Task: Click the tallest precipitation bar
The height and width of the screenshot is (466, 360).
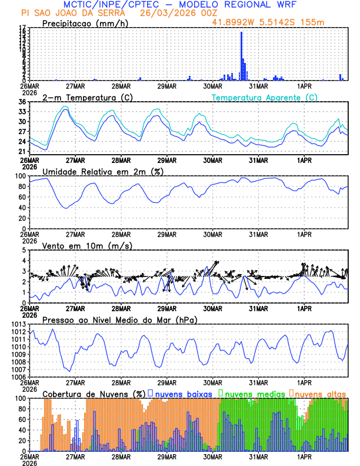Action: [x=241, y=56]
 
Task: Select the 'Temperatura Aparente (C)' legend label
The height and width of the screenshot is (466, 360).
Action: [x=264, y=97]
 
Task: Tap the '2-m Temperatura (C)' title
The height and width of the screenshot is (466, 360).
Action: [x=86, y=97]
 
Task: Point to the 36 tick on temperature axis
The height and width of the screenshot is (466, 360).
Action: [x=22, y=102]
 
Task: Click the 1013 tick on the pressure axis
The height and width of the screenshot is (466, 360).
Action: [x=19, y=324]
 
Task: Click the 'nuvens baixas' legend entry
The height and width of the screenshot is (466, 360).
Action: [x=184, y=393]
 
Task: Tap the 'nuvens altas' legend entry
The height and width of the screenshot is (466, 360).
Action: [x=321, y=393]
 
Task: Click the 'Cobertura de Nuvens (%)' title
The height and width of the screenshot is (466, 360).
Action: [x=93, y=393]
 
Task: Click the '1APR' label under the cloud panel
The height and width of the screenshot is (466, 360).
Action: [x=304, y=456]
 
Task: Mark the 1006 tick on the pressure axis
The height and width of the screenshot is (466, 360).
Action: [x=19, y=377]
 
